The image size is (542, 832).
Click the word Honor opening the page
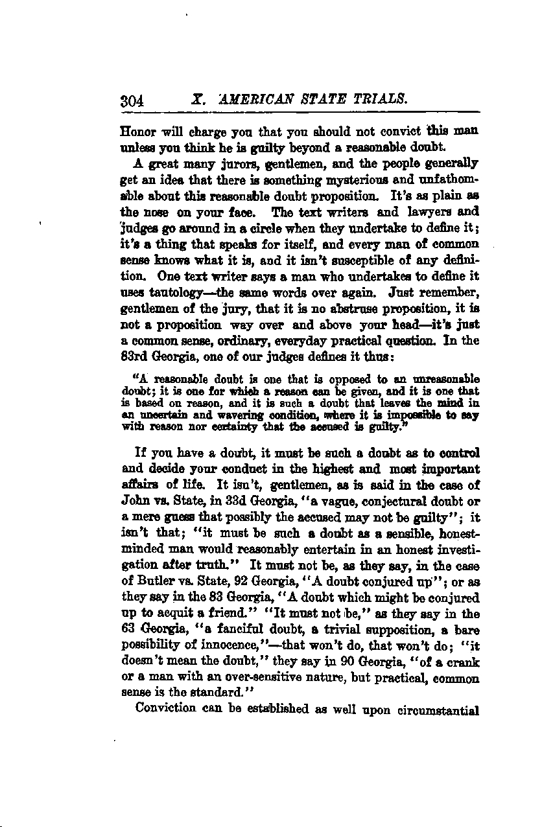click(x=138, y=131)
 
